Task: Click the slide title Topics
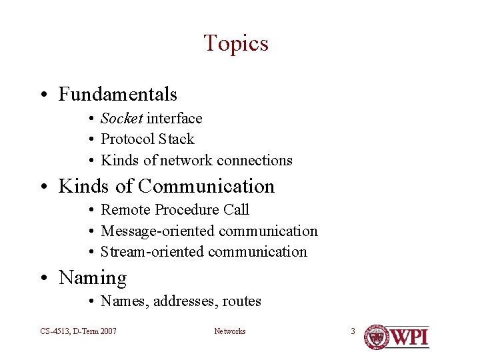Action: click(236, 43)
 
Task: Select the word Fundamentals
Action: click(118, 95)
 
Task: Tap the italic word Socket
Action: click(121, 119)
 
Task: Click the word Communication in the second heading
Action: click(206, 186)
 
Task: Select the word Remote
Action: click(125, 210)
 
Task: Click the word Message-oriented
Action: click(157, 231)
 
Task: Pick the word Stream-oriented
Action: click(152, 252)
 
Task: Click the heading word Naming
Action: click(93, 277)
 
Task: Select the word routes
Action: click(241, 301)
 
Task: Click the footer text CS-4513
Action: click(52, 331)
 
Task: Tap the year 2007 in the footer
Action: click(107, 331)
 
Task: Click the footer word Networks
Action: click(229, 331)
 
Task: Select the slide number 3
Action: click(353, 331)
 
